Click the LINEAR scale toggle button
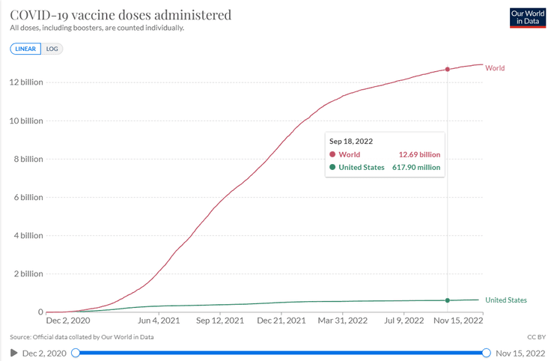coord(26,49)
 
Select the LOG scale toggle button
coord(52,49)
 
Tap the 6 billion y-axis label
coord(25,197)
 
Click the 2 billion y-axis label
coord(25,273)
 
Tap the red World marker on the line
coord(448,69)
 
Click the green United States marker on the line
coord(448,300)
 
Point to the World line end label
coord(495,68)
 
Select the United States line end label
coord(506,300)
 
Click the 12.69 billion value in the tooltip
coord(419,154)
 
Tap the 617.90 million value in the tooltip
coord(416,167)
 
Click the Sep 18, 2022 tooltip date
coord(351,141)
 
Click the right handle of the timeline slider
coord(486,353)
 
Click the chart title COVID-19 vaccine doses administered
coord(121,15)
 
